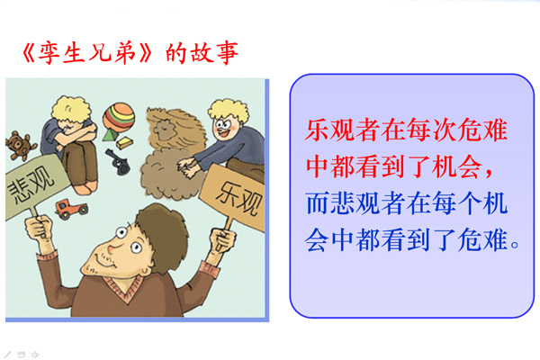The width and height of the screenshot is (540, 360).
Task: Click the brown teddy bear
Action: coord(19,146)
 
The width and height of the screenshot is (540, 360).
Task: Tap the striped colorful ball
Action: coord(119,116)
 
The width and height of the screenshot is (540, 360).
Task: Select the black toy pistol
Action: coord(119,162)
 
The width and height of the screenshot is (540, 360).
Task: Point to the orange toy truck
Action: coord(71,209)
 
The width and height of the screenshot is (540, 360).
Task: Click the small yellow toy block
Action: coord(124,142)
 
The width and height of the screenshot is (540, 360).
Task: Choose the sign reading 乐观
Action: coord(235,197)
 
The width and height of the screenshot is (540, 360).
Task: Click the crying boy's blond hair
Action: coord(71,109)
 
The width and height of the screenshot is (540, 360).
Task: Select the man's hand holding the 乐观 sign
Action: coord(223,240)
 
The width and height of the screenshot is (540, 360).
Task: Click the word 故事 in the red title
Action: coord(214,53)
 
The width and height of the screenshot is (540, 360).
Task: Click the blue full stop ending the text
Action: coord(515,245)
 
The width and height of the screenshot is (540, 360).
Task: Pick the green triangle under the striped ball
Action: coord(109,135)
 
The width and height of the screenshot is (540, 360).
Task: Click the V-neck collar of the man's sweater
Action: coord(125,289)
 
